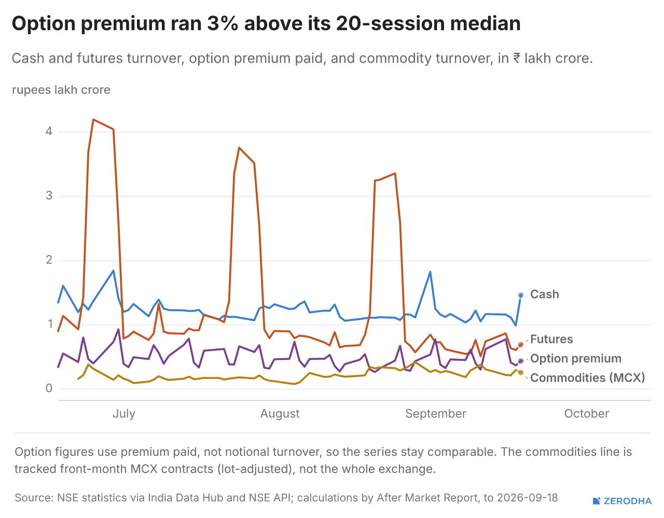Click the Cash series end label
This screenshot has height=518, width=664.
[544, 294]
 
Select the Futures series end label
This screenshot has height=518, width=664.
[551, 339]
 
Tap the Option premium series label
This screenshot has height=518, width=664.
[576, 359]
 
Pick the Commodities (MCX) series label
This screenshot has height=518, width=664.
[587, 378]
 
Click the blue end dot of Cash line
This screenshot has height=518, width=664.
[521, 295]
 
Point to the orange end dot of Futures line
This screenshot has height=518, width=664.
[521, 344]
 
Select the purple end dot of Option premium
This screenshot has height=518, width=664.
[521, 361]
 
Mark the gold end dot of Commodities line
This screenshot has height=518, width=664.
[521, 372]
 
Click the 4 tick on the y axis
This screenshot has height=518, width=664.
[49, 132]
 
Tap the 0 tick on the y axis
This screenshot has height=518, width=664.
[49, 388]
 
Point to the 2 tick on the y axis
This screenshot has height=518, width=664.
[49, 260]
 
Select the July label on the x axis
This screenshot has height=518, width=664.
[124, 414]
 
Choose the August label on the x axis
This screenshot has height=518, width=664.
[280, 414]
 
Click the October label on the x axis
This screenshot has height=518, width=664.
[586, 414]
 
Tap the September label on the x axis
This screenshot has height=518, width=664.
[435, 414]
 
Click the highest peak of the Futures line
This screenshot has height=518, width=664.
[93, 120]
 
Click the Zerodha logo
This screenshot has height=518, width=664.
[622, 501]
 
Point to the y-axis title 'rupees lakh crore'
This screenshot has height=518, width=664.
[61, 90]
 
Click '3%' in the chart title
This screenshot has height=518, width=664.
[223, 23]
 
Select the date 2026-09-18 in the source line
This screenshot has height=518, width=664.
[527, 498]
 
